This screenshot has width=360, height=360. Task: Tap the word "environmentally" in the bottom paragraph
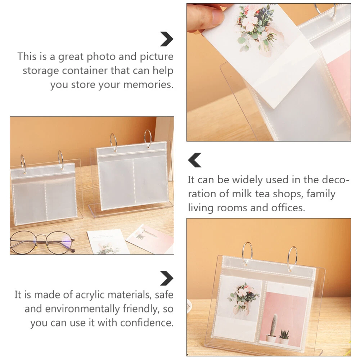click(x=82, y=309)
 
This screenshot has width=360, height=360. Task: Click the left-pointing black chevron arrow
click(x=194, y=160)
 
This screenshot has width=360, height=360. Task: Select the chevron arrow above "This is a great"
click(x=166, y=39)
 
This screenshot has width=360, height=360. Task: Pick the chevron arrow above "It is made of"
click(x=166, y=278)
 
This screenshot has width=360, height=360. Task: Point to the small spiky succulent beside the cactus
click(x=284, y=333)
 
